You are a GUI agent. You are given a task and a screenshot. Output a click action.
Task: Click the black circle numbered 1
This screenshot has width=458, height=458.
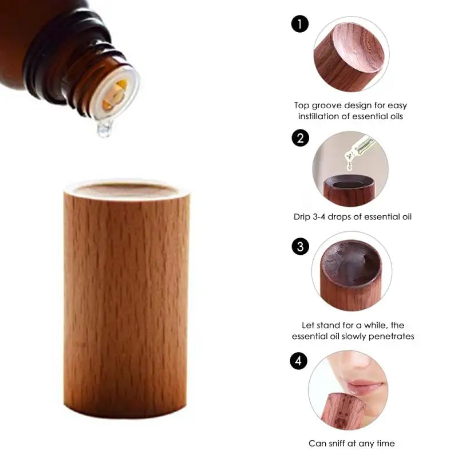coord(300,24)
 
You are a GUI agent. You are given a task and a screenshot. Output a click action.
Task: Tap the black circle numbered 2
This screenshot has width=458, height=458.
coord(300,138)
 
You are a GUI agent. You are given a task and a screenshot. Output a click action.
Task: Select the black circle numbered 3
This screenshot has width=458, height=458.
coord(300,247)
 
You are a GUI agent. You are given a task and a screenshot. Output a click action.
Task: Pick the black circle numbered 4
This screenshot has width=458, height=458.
coord(298,361)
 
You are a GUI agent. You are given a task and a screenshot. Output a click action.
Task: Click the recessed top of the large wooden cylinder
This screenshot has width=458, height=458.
coord(126,190)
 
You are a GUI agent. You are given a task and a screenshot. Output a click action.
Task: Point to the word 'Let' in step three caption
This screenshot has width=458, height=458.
coord(308,325)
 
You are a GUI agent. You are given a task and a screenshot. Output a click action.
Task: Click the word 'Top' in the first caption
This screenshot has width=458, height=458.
coord(301,105)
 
